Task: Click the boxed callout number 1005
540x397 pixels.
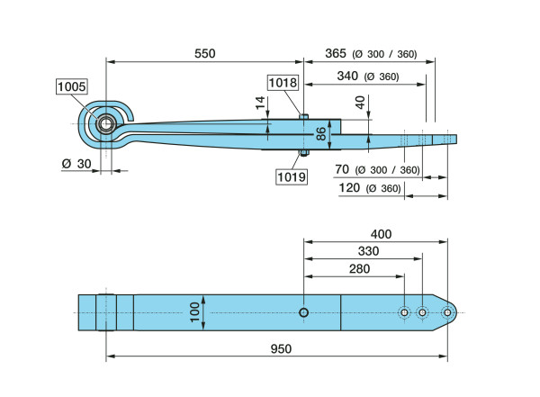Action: (71, 86)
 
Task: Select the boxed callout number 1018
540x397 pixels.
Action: (283, 82)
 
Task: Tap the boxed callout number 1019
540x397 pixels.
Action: (292, 176)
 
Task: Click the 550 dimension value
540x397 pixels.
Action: (205, 53)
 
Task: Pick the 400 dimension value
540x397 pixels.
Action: (381, 233)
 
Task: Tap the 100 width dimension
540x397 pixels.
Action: (193, 311)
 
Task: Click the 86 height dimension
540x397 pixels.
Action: (320, 135)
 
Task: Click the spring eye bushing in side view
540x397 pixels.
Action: (106, 123)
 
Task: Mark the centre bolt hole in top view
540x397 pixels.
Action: (304, 312)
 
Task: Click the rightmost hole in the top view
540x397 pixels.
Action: (446, 312)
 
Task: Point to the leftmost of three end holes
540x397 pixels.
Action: (404, 312)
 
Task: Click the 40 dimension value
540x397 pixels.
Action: (360, 103)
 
